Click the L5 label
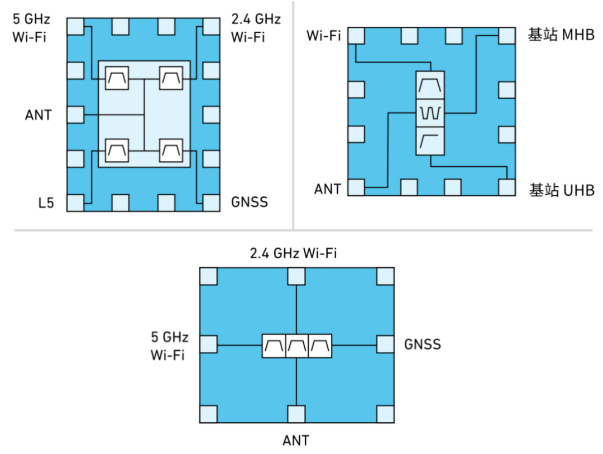point(46,202)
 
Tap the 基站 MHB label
point(561,35)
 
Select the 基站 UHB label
point(562,190)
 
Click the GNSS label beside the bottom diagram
point(422,344)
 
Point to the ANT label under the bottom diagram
point(296,441)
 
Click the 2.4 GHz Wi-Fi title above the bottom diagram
point(293,253)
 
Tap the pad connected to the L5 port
point(75,203)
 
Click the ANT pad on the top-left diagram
point(75,115)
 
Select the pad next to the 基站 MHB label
point(507,36)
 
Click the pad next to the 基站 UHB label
point(507,187)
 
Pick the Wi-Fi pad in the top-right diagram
point(356,36)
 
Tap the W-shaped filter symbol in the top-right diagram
point(430,113)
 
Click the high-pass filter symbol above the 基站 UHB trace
point(430,141)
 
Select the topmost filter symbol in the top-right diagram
point(430,85)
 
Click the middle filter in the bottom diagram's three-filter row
point(297,346)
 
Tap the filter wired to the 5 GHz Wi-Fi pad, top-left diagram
point(117,78)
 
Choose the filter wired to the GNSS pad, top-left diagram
point(171,151)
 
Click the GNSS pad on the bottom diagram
point(385,344)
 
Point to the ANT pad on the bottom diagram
point(296,414)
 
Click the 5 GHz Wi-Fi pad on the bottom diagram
point(208,344)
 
